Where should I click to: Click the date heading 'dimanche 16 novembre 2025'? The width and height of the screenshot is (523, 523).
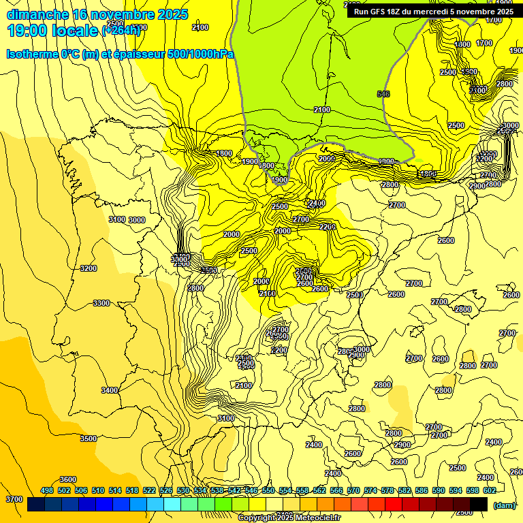pos(97,14)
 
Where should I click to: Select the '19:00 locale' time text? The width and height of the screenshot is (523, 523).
pos(53,30)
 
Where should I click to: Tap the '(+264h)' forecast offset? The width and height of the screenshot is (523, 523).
pos(122,30)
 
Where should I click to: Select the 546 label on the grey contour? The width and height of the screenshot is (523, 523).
pos(383,94)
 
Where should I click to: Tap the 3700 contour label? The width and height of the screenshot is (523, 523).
pos(14,499)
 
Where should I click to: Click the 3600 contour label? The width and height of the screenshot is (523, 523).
pos(68,479)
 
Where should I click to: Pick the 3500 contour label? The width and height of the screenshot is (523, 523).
pos(88,439)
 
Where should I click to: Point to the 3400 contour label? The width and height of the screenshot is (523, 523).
pos(109,390)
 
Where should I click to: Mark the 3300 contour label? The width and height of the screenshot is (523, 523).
pos(101,302)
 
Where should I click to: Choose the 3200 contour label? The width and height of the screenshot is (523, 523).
pos(88,268)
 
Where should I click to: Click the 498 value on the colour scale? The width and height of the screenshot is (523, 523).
pos(47,490)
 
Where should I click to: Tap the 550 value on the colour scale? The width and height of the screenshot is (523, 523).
pos(268,490)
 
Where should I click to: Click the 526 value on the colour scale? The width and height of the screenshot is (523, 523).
pos(165,490)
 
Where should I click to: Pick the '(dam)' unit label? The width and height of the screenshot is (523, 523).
pos(504,505)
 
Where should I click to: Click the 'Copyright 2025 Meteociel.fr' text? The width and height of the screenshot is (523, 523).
pos(289,518)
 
